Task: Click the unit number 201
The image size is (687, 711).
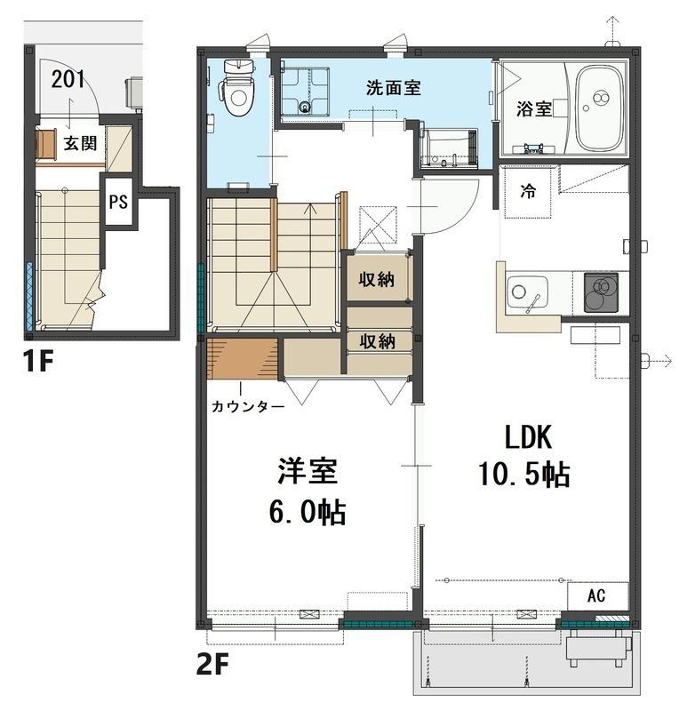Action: pyautogui.click(x=68, y=79)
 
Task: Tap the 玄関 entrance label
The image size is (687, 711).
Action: pyautogui.click(x=80, y=142)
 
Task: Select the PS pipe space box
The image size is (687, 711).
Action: pyautogui.click(x=117, y=202)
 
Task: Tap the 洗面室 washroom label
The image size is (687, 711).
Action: pyautogui.click(x=393, y=88)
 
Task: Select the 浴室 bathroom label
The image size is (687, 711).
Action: pyautogui.click(x=534, y=108)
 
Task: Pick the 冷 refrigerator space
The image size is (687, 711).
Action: pyautogui.click(x=528, y=192)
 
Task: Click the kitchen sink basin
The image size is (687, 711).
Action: pyautogui.click(x=526, y=294)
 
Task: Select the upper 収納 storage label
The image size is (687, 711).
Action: pyautogui.click(x=377, y=280)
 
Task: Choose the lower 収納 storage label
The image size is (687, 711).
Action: pyautogui.click(x=377, y=341)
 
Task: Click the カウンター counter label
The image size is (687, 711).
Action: pyautogui.click(x=247, y=407)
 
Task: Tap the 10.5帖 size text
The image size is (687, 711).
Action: pyautogui.click(x=523, y=475)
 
